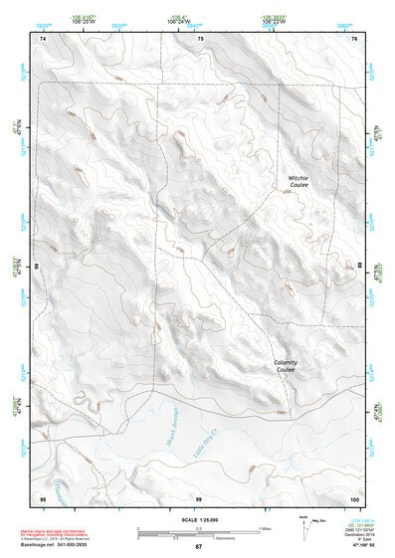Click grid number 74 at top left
(x=42, y=38)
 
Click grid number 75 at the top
(x=199, y=38)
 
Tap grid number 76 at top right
(x=354, y=38)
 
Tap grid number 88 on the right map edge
(x=359, y=267)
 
